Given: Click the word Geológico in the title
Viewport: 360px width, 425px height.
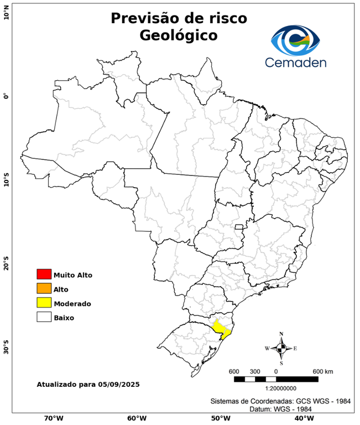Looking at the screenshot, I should (179, 35).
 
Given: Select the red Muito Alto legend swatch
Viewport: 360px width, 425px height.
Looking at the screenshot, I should (44, 274).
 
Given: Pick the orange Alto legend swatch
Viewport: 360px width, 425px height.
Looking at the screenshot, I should (44, 288).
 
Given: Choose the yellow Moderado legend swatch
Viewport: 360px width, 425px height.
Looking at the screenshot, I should (44, 303).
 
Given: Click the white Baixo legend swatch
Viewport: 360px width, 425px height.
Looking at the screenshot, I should (44, 317).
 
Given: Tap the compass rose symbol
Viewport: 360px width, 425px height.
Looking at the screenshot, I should (281, 348).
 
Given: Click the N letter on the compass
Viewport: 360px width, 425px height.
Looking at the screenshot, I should (281, 334).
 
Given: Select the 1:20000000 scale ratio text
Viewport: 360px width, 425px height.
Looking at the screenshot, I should (275, 388).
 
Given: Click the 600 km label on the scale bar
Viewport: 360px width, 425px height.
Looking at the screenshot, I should (322, 371).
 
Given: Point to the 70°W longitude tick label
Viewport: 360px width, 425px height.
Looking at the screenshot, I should (53, 418).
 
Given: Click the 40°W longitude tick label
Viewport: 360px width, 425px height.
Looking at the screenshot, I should (302, 418).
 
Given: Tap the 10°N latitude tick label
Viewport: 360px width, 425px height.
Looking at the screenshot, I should (6, 12).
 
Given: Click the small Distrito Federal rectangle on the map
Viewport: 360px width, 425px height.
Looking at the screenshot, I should (239, 227).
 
